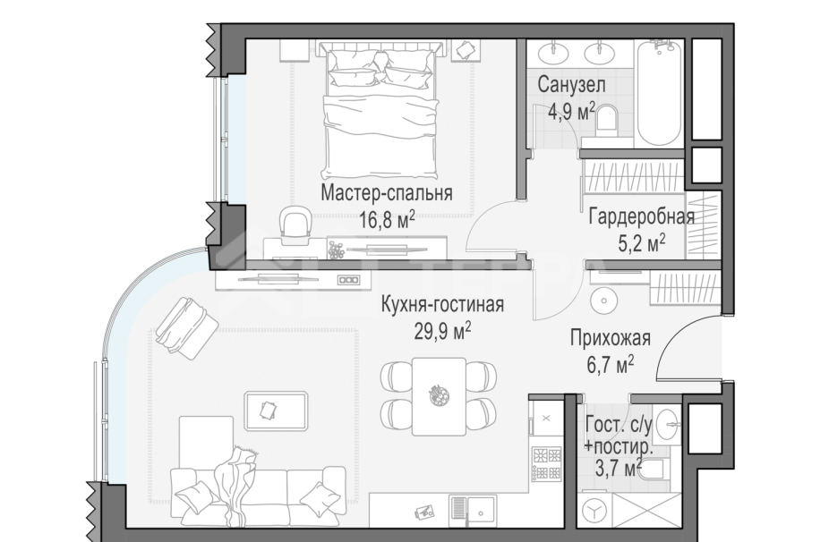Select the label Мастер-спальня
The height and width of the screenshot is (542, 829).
tap(386, 193)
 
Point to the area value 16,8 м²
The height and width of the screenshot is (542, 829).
tap(387, 219)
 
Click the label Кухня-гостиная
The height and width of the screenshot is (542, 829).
tap(442, 305)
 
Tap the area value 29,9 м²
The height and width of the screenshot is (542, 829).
tap(442, 331)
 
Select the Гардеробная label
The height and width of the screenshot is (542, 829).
tap(641, 216)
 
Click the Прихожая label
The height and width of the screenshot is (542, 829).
tap(611, 337)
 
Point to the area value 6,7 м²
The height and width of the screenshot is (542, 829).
tap(611, 361)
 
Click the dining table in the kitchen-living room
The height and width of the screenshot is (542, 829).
tap(438, 394)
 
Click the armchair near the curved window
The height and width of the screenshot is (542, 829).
tap(186, 327)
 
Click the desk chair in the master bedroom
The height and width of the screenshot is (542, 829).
tap(295, 224)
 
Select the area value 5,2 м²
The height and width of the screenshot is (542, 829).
tap(640, 241)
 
